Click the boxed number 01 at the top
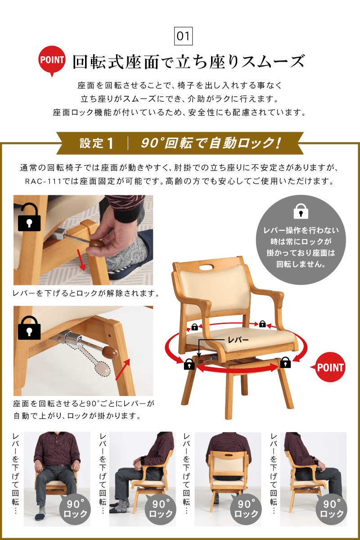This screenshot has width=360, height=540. coord(183,36)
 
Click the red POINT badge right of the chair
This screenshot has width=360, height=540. coord(330,367)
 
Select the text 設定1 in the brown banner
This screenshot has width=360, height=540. coord(96,143)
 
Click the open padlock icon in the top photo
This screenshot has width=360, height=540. coord(28,217)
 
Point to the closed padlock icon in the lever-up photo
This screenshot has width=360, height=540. coord(29,328)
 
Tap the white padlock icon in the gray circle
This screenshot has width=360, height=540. coord(300,211)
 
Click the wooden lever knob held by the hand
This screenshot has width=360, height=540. coord(95,243)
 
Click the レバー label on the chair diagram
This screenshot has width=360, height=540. coord(236,340)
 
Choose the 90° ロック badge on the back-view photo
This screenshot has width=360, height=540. coord(245,509)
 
